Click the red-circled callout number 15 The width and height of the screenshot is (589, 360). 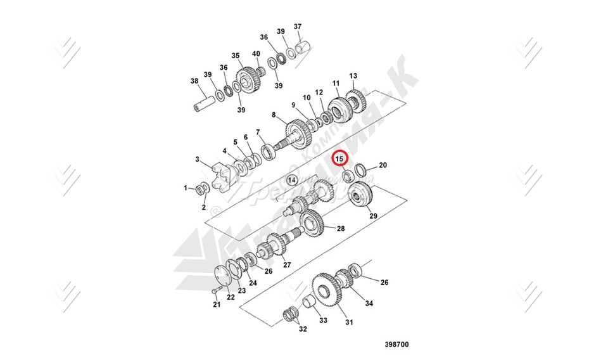(x=339, y=158)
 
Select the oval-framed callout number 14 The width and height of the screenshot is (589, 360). (x=291, y=180)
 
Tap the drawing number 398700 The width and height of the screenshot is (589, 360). (x=396, y=345)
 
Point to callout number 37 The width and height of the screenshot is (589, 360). (x=298, y=27)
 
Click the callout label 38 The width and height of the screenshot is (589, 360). (x=194, y=80)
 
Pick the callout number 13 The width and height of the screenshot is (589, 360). (x=353, y=75)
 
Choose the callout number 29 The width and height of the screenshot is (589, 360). (x=373, y=216)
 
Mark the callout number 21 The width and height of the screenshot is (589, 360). (x=216, y=305)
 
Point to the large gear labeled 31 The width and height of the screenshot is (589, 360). (x=327, y=292)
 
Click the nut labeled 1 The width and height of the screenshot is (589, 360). (x=202, y=189)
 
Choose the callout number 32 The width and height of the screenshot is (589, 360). (x=302, y=328)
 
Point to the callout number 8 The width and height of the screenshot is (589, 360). (x=274, y=115)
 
